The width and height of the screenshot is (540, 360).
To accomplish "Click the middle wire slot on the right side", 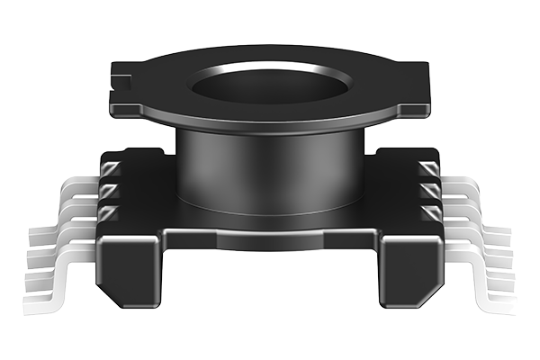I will [x=429, y=191].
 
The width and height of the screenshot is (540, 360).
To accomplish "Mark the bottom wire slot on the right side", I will [x=429, y=212].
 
